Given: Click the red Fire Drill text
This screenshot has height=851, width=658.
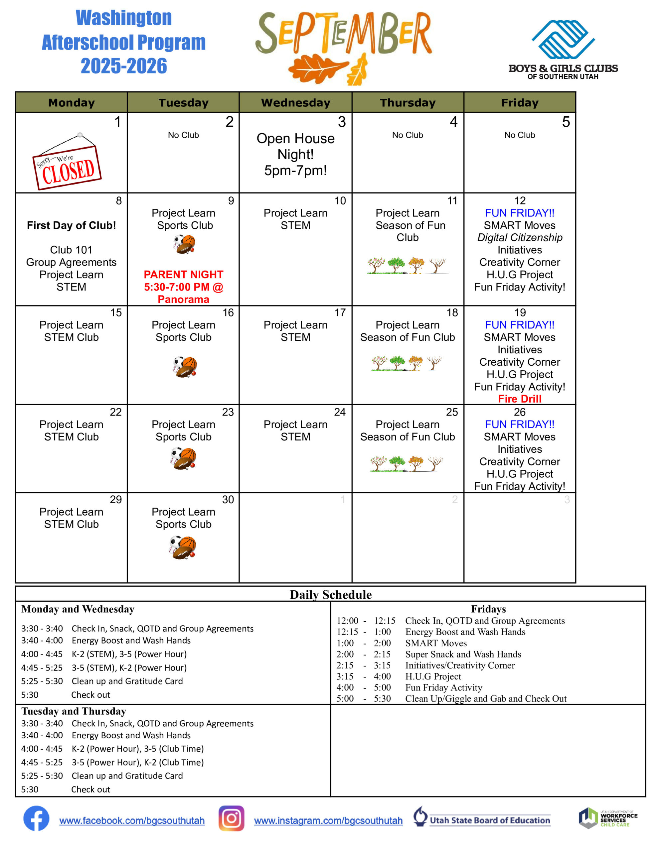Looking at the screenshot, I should click(520, 399).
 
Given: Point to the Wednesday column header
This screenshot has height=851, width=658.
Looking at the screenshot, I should click(295, 102).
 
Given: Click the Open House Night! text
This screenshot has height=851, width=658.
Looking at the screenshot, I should click(295, 146).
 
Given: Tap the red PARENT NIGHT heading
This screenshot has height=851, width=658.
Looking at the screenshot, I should click(183, 274).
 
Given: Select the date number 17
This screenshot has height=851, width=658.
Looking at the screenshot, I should click(340, 312).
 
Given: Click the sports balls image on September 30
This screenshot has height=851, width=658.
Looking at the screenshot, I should click(183, 547).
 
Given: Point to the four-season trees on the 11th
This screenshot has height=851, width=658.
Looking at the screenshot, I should click(407, 265).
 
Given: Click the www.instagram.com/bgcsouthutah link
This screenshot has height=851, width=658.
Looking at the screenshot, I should click(328, 821).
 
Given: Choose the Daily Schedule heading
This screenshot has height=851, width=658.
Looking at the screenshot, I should click(330, 595).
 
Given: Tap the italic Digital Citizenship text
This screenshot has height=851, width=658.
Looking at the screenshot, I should click(520, 237).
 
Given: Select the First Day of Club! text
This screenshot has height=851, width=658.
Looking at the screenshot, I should click(72, 225).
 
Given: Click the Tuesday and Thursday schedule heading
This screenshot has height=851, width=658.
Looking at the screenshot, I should click(74, 711).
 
